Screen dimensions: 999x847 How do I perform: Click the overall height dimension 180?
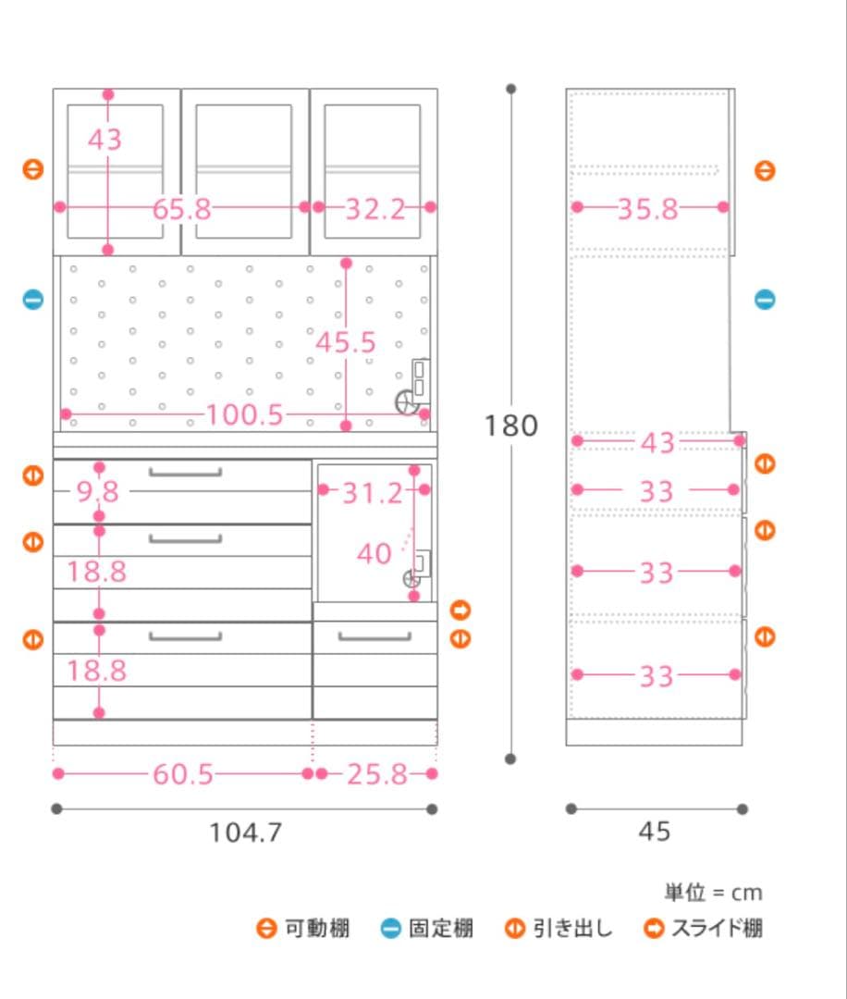coord(510,425)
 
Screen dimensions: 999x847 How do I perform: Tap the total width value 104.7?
coord(244,832)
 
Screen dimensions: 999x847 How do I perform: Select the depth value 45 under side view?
coord(654,832)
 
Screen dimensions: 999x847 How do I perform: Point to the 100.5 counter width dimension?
coord(244,414)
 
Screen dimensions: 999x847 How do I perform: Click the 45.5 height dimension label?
coord(346,342)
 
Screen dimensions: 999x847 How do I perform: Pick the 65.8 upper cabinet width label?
coord(182,209)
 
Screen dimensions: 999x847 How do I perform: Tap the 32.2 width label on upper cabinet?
coord(375,209)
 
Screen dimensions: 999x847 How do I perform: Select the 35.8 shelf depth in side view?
coord(647,209)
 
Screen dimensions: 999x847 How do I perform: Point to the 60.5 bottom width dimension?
coord(182,774)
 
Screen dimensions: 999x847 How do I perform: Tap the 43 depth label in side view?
coord(657,443)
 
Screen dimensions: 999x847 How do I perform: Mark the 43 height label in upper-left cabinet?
coord(105,140)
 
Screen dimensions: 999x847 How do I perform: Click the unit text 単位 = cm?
coord(712,893)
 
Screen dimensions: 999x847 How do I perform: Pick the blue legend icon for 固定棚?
coord(391,928)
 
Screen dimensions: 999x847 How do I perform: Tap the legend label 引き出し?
coord(572,928)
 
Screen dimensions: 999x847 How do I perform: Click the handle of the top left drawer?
coord(185,474)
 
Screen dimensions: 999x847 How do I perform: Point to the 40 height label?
coord(374,554)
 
